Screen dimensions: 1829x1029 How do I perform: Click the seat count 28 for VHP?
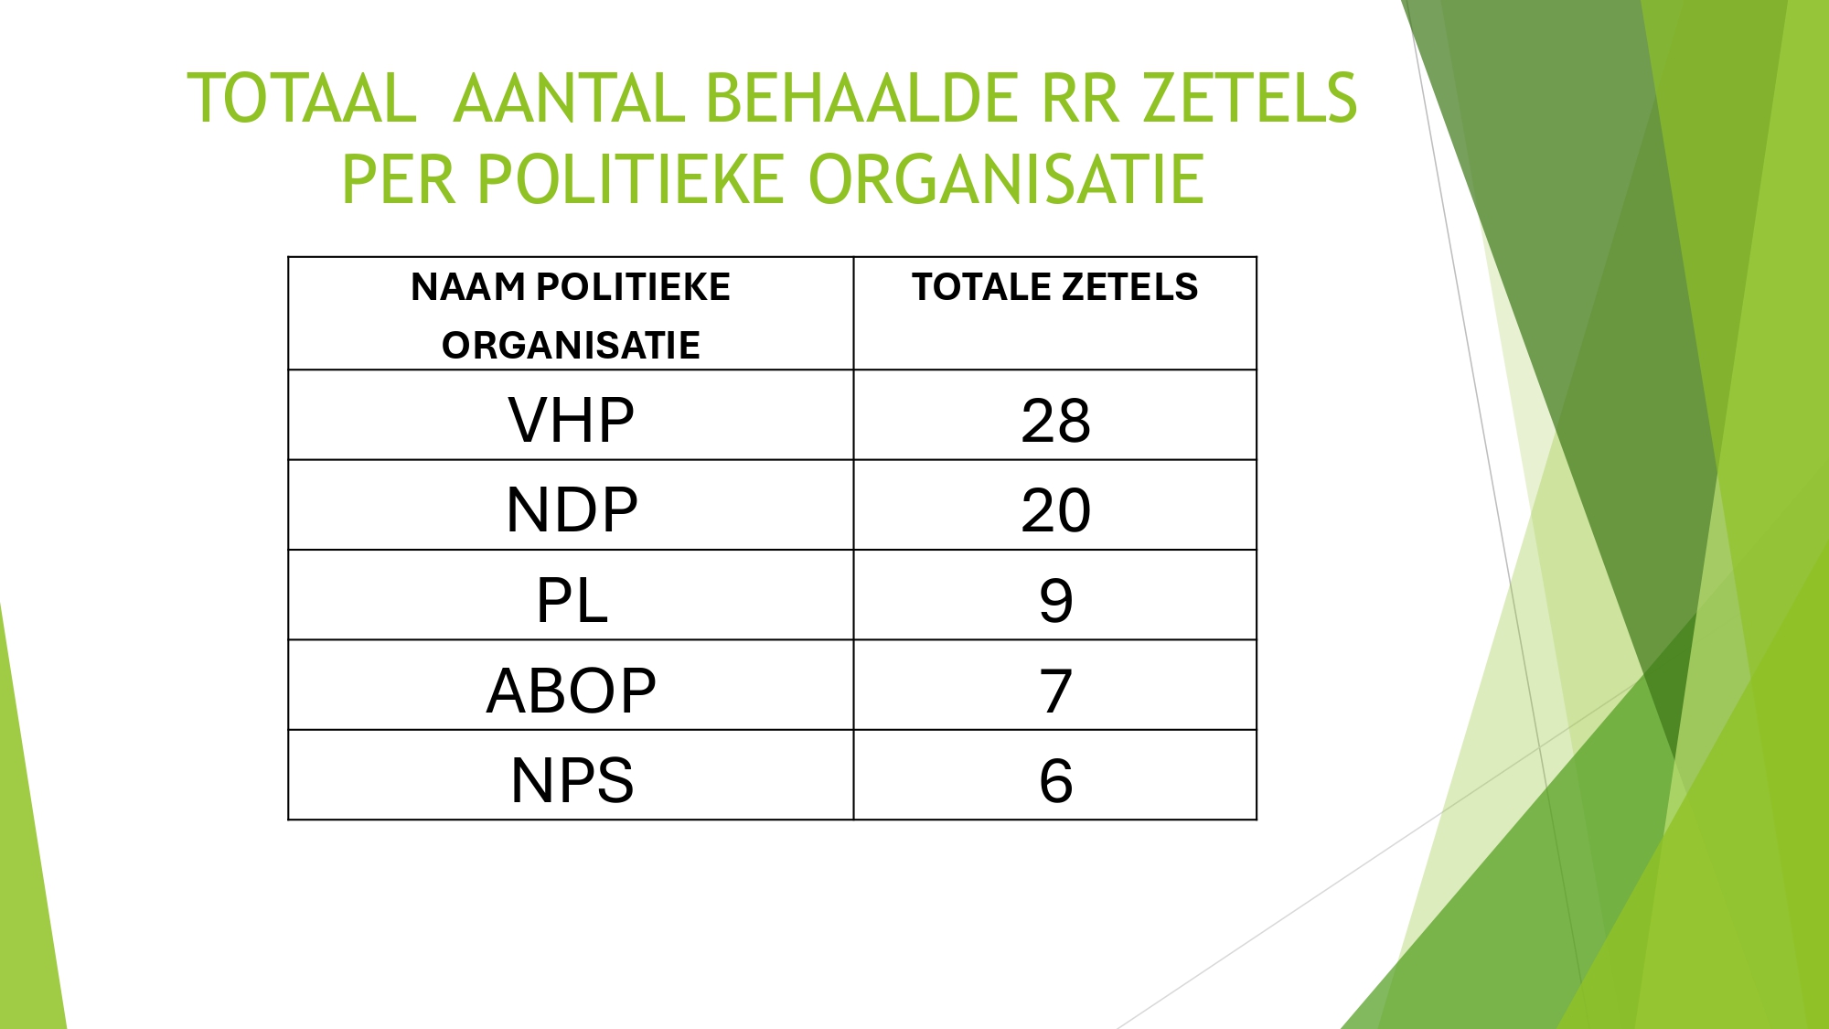tap(1055, 421)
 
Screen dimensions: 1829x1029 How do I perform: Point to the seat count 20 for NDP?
tap(1055, 510)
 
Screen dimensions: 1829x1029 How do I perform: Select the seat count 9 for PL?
tap(1055, 601)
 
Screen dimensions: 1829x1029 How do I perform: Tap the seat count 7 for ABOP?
tap(1055, 691)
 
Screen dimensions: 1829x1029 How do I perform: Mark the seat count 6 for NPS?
tap(1055, 780)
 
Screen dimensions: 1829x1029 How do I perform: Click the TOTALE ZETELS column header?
tap(1054, 287)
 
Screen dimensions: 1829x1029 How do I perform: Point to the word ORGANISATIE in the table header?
tap(571, 346)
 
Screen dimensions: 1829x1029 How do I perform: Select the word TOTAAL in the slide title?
tap(302, 98)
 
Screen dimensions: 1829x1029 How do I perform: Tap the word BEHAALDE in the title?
tap(862, 98)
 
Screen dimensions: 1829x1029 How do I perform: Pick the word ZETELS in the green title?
tap(1250, 98)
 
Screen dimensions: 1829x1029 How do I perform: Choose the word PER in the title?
tap(398, 178)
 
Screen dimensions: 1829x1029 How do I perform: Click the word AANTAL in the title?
tap(569, 98)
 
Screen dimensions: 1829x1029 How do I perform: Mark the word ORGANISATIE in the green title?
tap(1006, 178)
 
